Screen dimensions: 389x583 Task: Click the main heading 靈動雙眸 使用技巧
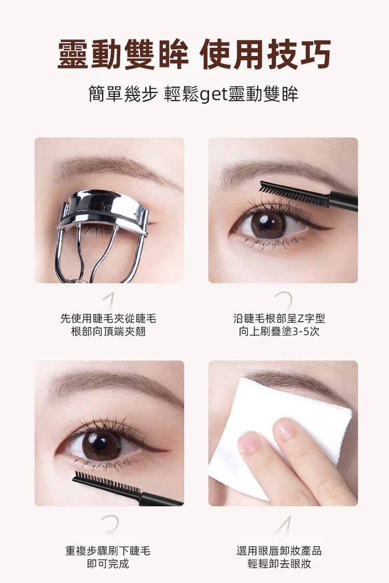pos(194,54)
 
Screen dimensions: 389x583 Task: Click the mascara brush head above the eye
pos(294,193)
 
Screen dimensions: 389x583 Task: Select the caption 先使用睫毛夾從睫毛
pos(108,318)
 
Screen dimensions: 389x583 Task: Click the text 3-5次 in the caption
pos(307,331)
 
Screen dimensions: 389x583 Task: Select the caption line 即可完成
pos(108,564)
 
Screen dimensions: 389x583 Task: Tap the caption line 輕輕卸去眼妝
pos(279,564)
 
